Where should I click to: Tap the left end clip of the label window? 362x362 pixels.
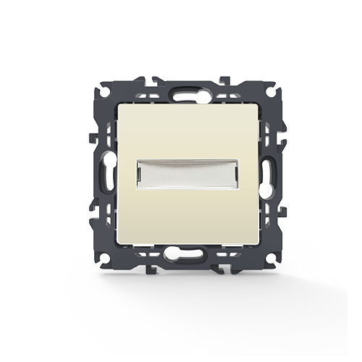(138, 174)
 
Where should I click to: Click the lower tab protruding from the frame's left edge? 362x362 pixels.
(91, 212)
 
